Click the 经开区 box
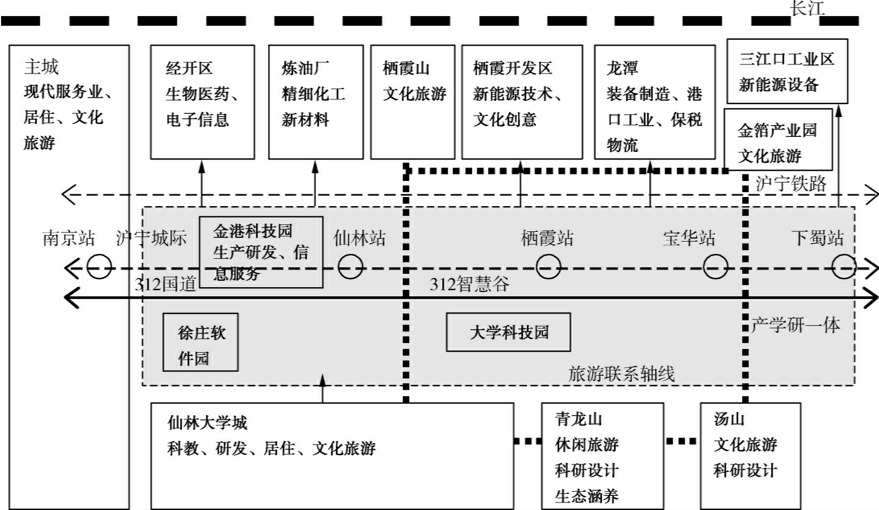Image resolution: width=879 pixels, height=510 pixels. coord(202,102)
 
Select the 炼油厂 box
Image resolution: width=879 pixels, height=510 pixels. coord(315,102)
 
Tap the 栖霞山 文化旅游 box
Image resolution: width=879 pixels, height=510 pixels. coord(413,102)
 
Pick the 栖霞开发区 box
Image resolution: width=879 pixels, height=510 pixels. coord(522,102)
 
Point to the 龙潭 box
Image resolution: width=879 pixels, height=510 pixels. coord(654,102)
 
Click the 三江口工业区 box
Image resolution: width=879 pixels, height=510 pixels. coord(787,71)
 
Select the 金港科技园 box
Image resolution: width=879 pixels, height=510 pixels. coord(261,252)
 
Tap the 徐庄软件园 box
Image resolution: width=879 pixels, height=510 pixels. coord(200,342)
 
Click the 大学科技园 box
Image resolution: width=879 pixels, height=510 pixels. coord(508,333)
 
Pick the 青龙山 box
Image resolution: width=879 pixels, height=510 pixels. coord(602,456)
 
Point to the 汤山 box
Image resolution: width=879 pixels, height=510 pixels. coord(750,456)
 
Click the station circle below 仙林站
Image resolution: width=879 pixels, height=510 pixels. coord(350,267)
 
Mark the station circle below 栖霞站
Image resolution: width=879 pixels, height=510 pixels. coord(548,267)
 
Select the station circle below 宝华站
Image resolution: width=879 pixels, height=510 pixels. coord(715,267)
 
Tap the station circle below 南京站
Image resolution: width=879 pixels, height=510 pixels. coord(99,267)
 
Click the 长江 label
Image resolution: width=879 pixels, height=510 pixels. coord(806,8)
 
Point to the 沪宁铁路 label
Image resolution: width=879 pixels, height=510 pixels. coord(790,184)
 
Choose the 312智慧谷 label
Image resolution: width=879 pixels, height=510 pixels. coord(469,284)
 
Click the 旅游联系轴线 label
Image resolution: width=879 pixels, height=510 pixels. coord(621,374)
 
